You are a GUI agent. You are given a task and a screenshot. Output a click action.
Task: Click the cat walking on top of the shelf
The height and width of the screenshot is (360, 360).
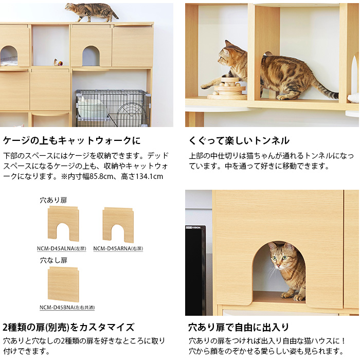tap(92, 12)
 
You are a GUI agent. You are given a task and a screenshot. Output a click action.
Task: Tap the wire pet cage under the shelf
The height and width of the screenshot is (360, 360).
tap(113, 108)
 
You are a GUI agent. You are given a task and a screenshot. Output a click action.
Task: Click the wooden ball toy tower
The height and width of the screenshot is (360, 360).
tap(227, 88)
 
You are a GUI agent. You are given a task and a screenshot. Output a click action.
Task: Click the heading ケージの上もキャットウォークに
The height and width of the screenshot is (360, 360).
tap(72, 140)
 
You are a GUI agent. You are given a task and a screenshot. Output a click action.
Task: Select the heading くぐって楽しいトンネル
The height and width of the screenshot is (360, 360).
tap(239, 140)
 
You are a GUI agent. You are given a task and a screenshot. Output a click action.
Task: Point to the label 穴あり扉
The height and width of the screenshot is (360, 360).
tap(53, 200)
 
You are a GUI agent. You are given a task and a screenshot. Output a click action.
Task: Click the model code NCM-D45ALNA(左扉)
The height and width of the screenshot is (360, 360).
tap(62, 248)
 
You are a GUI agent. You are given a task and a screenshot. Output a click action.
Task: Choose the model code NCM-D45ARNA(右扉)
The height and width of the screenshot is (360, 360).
tap(118, 248)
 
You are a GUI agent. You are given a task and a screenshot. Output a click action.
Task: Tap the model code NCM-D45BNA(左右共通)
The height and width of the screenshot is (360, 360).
tap(67, 308)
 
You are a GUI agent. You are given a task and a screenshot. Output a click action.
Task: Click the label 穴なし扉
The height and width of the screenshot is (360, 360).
tap(53, 260)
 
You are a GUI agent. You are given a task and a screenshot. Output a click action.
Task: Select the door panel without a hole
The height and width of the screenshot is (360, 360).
tap(63, 285)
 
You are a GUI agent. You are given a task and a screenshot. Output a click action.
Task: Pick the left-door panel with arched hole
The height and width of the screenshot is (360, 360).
tap(63, 224)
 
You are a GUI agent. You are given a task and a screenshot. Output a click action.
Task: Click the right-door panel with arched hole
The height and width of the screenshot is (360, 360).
tap(118, 225)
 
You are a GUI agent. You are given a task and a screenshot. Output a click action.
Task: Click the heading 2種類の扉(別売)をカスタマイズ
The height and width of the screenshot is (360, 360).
tap(68, 328)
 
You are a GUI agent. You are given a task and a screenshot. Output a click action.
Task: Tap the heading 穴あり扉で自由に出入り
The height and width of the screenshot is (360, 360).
tap(239, 328)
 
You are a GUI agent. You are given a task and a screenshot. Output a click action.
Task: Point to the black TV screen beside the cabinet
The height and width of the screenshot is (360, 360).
tap(195, 271)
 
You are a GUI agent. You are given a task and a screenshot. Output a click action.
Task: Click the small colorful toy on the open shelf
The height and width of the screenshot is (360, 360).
tap(61, 63)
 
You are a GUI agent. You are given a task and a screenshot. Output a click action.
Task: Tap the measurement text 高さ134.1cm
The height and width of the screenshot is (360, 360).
tap(142, 176)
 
